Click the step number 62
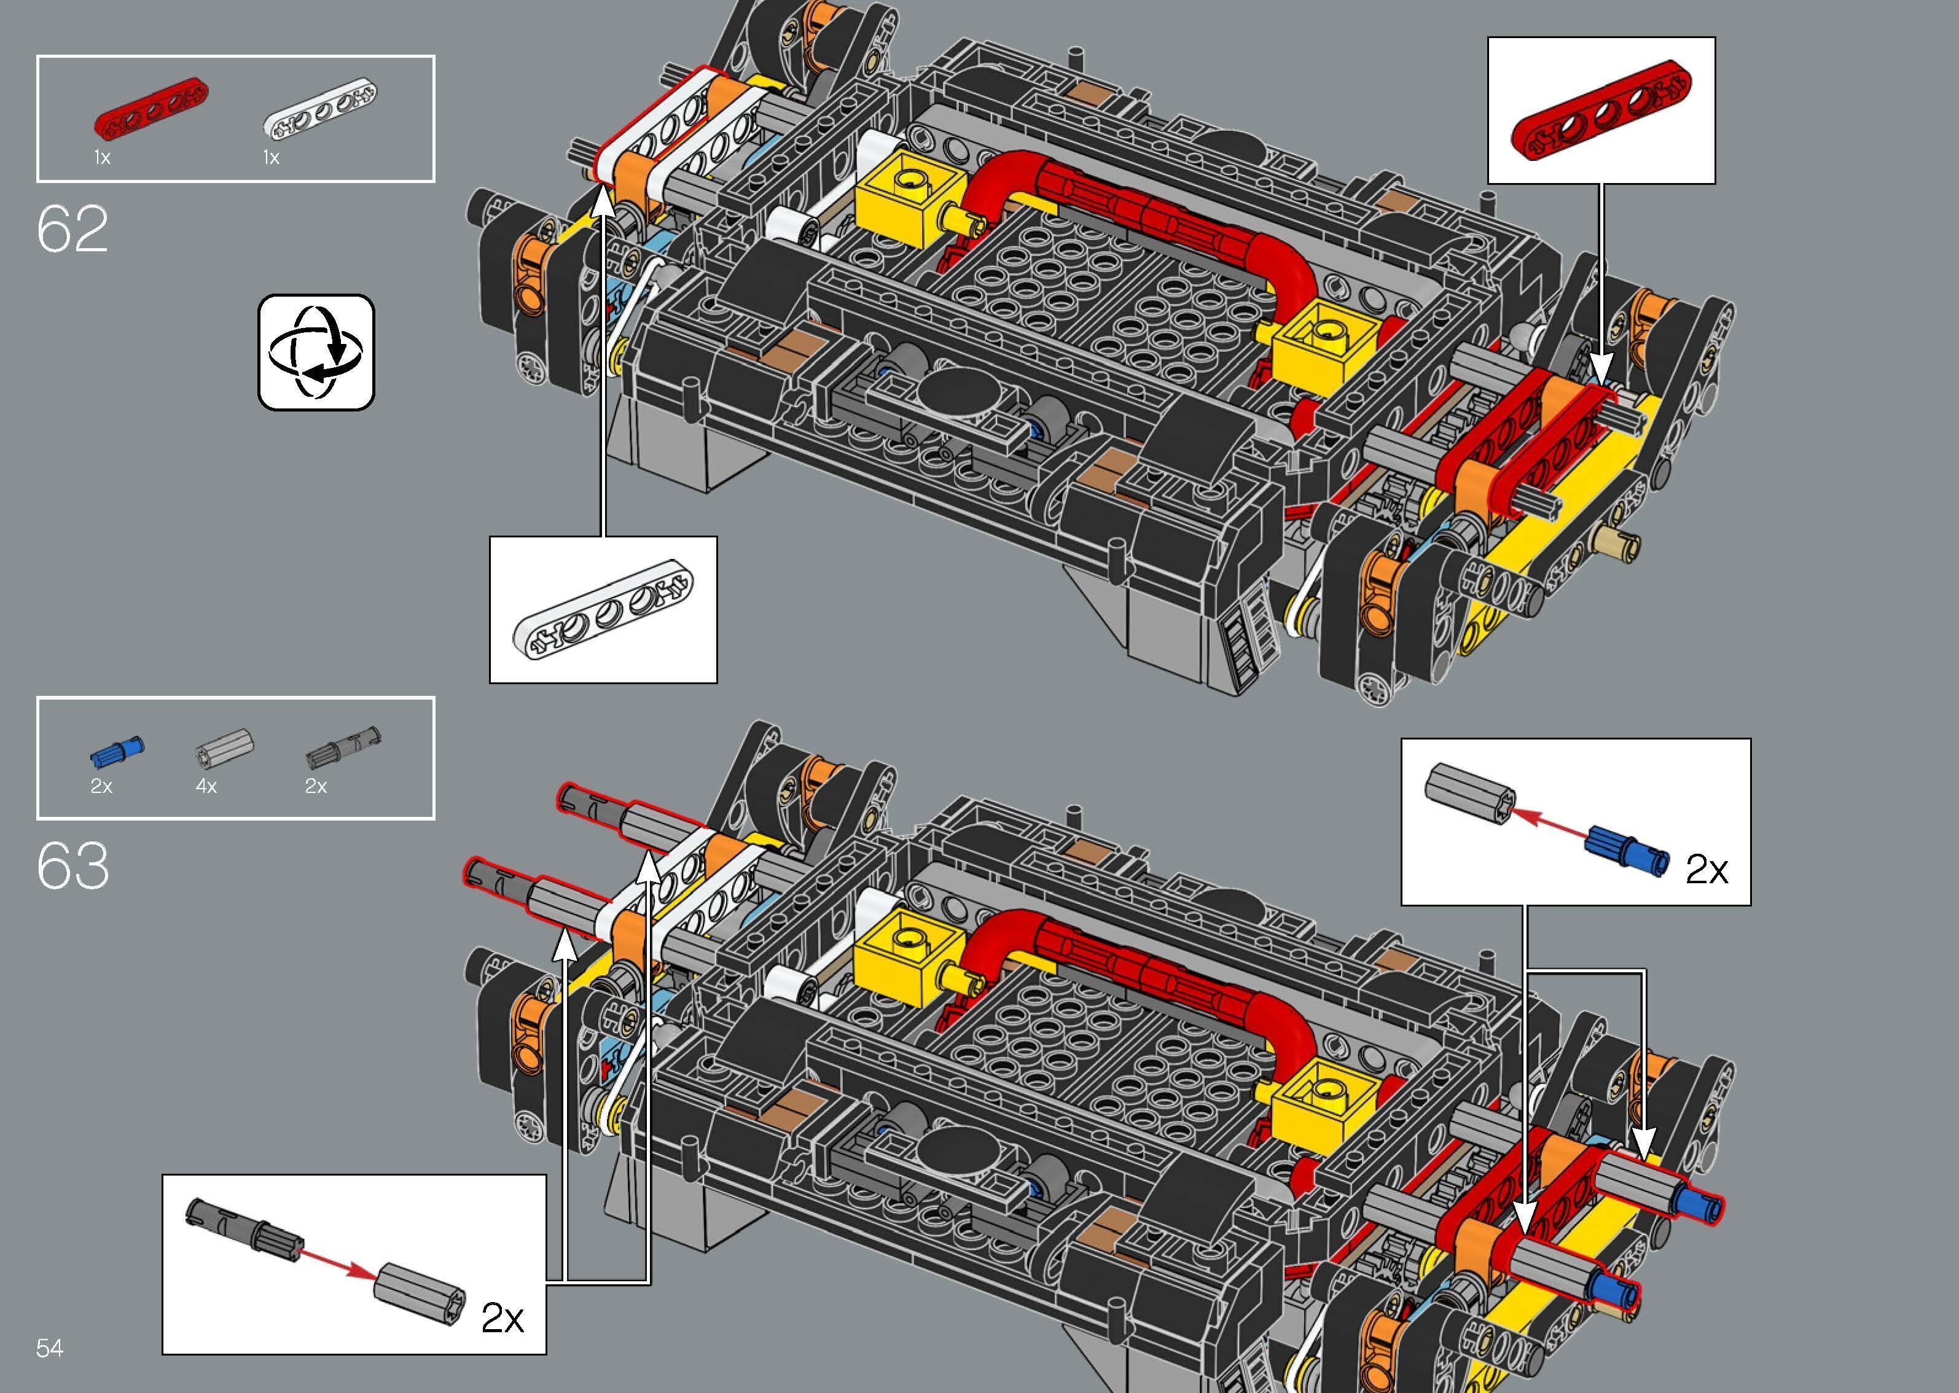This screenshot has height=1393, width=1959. [x=73, y=229]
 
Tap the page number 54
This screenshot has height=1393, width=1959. [x=50, y=1348]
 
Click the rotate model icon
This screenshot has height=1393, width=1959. [x=316, y=353]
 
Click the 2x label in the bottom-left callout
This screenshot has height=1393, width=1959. [x=502, y=1317]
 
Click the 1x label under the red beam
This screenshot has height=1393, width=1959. [x=102, y=158]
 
